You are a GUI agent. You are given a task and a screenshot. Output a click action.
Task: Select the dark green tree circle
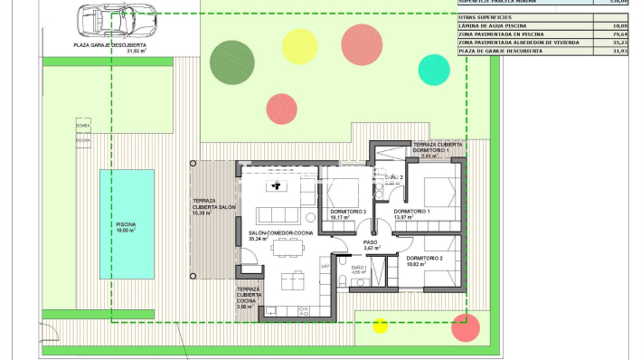coord(230,61)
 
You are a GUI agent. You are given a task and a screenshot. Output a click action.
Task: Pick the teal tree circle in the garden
coord(434,69)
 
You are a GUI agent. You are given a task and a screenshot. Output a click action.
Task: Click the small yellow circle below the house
coord(381,326)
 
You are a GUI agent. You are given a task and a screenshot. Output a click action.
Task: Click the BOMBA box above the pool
coord(83,127)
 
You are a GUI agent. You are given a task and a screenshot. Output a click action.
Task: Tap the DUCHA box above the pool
coord(83,140)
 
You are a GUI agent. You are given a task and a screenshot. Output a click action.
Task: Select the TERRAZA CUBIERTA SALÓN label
coord(213,206)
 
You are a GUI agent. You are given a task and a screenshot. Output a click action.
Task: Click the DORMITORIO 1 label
coord(412,212)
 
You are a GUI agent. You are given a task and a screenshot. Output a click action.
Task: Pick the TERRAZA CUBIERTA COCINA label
coord(249,298)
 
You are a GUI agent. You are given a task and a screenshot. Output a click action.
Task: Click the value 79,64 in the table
coord(619,33)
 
